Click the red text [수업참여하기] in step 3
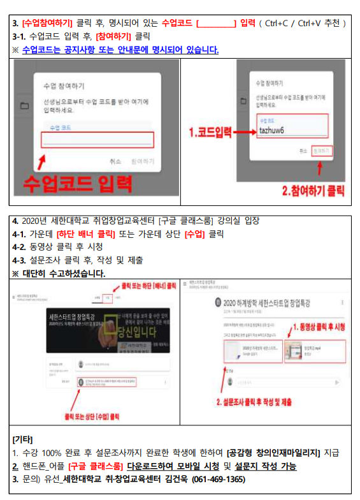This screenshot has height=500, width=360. tap(47, 24)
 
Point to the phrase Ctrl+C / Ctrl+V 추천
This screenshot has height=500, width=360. tap(304, 24)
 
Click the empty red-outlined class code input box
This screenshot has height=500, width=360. tap(97, 140)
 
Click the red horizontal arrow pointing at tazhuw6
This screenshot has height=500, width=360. tap(243, 132)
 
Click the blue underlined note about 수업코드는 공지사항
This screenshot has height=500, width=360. tap(120, 49)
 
